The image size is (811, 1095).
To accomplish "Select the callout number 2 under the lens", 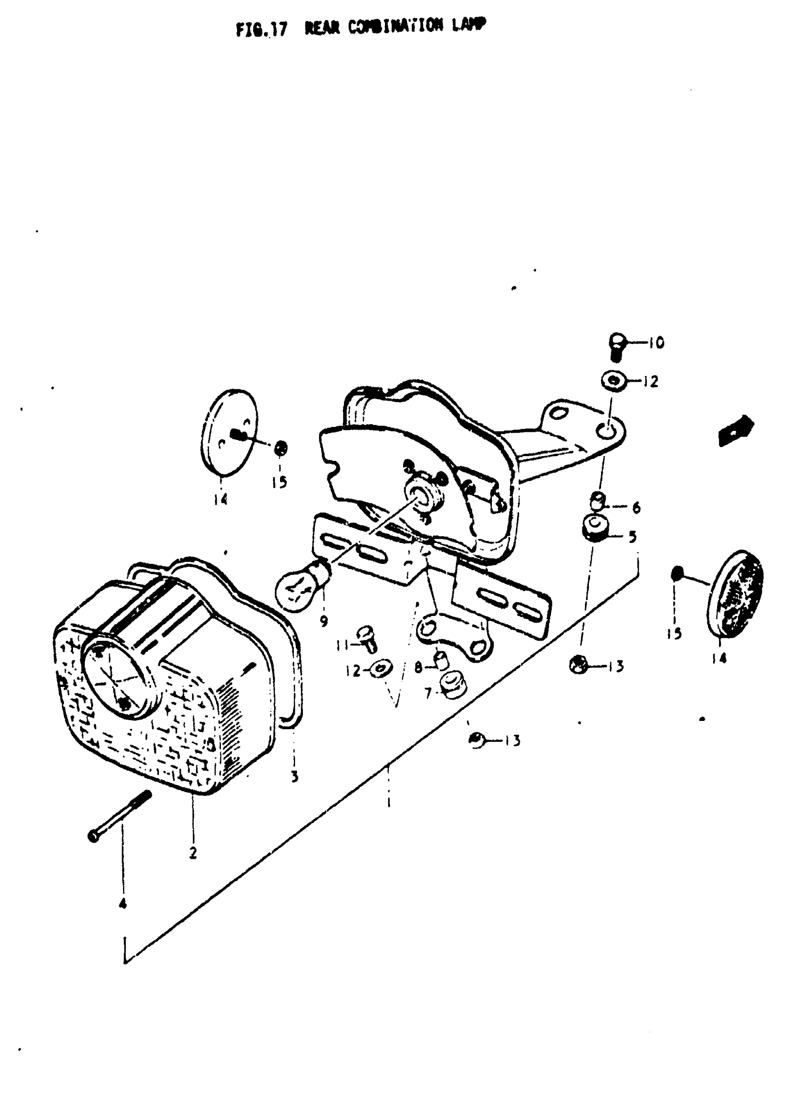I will [x=193, y=853].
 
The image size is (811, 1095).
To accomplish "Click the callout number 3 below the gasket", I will [x=294, y=777].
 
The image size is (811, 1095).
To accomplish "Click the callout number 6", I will [x=636, y=507].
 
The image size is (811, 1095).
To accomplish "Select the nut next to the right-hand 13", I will [x=579, y=666].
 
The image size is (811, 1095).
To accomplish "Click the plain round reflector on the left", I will [x=230, y=433].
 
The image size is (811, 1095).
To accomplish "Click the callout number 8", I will [x=418, y=667].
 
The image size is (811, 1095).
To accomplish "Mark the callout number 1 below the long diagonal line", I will [x=388, y=803].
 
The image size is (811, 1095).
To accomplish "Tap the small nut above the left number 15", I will [x=281, y=448].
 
